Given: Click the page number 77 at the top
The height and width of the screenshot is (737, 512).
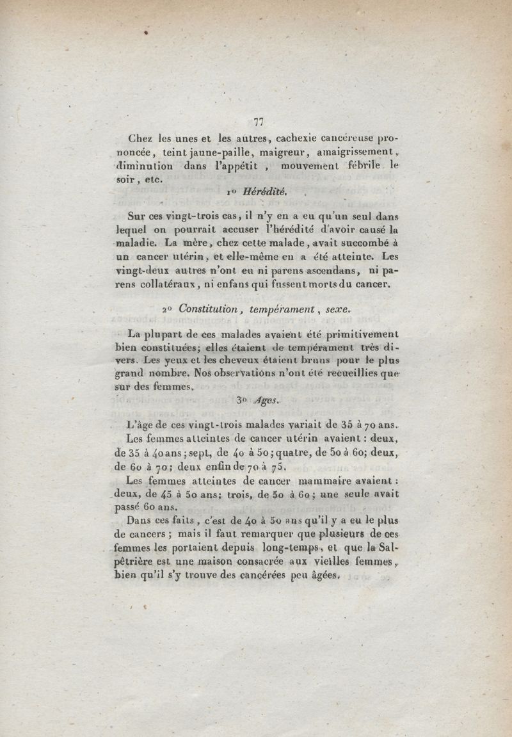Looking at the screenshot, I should click(x=259, y=122).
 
